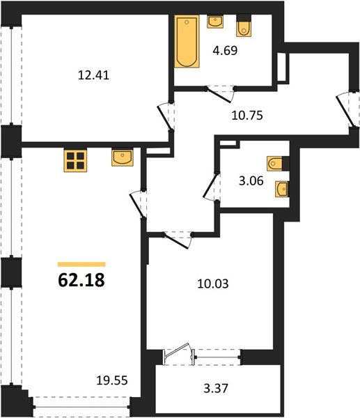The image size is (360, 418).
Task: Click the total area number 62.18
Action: (x=81, y=281)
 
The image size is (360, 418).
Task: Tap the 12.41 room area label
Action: (x=93, y=75)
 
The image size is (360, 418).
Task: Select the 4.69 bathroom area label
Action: (x=225, y=50)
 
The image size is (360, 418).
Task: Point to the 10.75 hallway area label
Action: (x=247, y=116)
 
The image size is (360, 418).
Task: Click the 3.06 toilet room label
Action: (x=251, y=181)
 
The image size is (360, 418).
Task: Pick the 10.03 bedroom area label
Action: (x=213, y=284)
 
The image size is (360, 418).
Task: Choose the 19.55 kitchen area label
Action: (x=112, y=380)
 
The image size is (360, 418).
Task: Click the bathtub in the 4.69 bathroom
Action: (x=187, y=41)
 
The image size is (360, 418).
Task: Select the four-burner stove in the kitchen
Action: (x=75, y=160)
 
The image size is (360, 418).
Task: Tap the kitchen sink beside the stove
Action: (x=123, y=157)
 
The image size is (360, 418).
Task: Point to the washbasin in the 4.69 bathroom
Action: (x=215, y=22)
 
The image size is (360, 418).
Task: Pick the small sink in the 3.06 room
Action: (x=282, y=189)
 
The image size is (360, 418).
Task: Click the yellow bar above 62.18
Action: (x=81, y=265)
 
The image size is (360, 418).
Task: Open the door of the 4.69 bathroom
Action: (x=219, y=95)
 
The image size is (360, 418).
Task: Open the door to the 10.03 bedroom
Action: (x=177, y=241)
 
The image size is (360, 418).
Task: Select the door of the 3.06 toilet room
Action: (x=210, y=186)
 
